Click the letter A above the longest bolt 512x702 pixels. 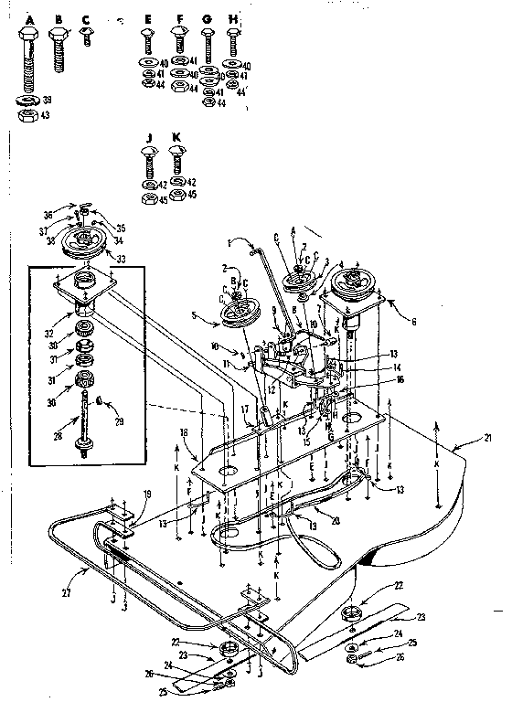[27, 18]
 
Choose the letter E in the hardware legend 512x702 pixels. [147, 18]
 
